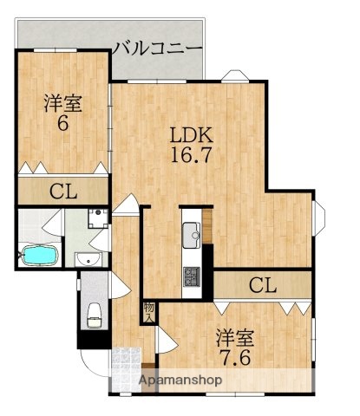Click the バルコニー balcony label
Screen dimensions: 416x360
pos(157,47)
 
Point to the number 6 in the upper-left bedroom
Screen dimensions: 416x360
pos(63,124)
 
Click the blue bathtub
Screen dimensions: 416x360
pos(39,257)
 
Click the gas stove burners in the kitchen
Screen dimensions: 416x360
pos(191,277)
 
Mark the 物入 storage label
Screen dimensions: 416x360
pos(149,310)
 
